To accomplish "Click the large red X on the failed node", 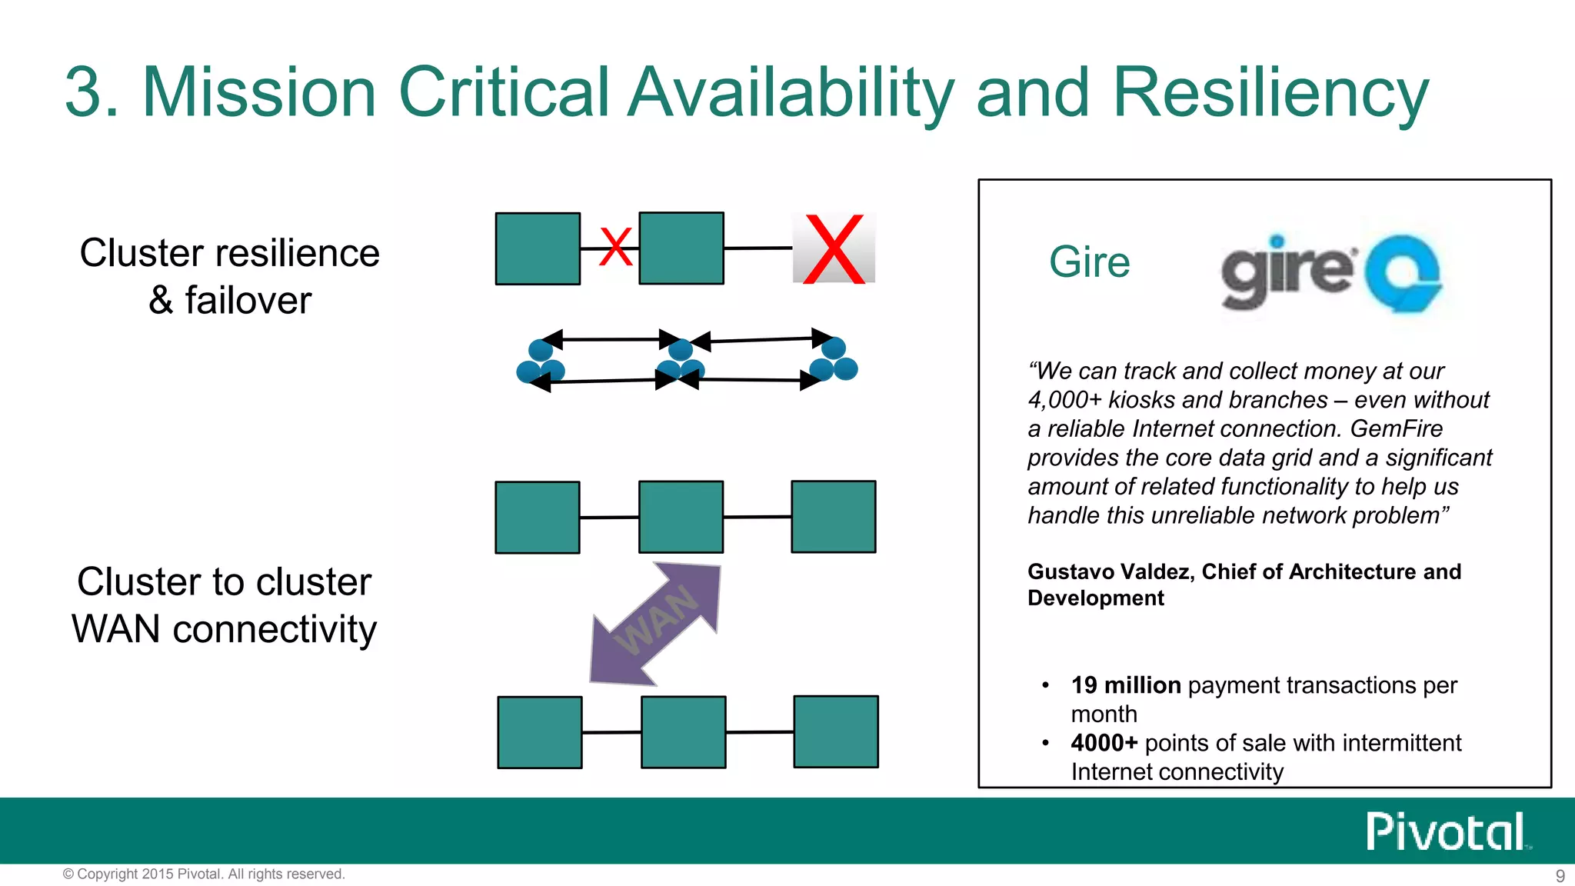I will [x=834, y=249].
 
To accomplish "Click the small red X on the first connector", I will [x=615, y=248].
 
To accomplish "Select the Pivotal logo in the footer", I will [x=1447, y=831].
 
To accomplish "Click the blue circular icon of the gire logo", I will [x=1403, y=274].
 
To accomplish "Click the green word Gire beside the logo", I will [x=1089, y=262].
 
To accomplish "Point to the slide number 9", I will [x=1560, y=876].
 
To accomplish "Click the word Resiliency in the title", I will [x=1270, y=92].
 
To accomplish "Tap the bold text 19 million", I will [x=1125, y=685].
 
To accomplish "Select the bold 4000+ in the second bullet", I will [x=1104, y=743].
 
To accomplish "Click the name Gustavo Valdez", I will [x=1110, y=571].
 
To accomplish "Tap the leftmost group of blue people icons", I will [x=541, y=362].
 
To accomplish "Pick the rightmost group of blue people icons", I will [x=834, y=360].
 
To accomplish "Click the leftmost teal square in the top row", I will [x=538, y=248].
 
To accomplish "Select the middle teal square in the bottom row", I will [x=683, y=731].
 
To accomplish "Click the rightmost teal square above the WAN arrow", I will [x=834, y=517].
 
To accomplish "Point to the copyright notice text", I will [x=204, y=874].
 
